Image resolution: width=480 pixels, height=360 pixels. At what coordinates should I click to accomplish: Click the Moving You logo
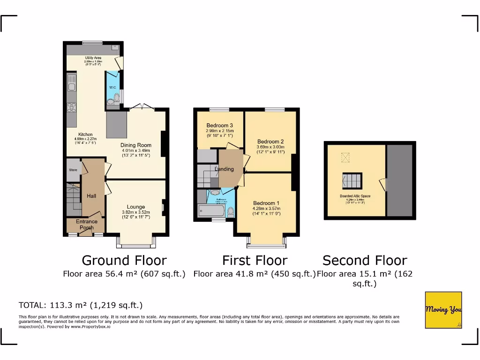[443, 310]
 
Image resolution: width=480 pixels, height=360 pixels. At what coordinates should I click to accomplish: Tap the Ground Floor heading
[124, 260]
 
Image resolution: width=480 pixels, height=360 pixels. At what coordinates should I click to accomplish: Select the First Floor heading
[255, 260]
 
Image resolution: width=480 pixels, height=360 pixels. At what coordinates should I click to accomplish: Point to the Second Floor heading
[365, 260]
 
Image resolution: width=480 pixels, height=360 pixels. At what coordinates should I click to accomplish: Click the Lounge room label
[136, 207]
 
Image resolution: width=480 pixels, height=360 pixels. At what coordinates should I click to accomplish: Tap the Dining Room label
[136, 145]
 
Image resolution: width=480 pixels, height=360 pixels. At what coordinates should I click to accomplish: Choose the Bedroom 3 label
[219, 125]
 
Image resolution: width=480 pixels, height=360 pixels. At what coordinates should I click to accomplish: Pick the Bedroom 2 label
[270, 142]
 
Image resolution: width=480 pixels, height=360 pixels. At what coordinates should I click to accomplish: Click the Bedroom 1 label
[266, 203]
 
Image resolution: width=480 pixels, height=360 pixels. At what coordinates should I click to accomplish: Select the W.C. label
[112, 88]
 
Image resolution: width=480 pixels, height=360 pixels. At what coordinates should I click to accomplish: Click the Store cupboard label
[73, 170]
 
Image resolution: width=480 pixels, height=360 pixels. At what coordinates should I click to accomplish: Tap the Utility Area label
[93, 58]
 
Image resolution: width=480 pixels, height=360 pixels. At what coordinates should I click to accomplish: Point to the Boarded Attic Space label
[355, 196]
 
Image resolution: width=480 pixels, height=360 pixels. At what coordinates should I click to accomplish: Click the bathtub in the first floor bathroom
[211, 211]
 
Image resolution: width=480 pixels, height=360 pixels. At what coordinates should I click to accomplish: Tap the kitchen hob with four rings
[71, 108]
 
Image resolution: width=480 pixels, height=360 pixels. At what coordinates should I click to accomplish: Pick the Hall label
[91, 196]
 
